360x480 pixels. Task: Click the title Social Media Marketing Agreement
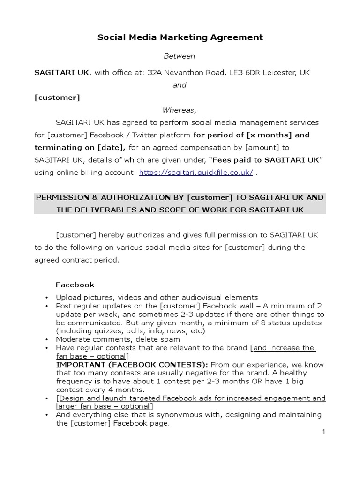point(180,37)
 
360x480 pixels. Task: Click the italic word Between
point(179,56)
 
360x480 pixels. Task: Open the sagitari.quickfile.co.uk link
point(196,172)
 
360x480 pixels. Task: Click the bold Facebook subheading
point(75,285)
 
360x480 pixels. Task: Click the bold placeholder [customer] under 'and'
point(57,97)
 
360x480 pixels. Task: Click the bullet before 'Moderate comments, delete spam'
point(47,339)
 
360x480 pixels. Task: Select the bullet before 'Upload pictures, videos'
point(47,297)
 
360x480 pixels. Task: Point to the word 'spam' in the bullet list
point(171,339)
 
